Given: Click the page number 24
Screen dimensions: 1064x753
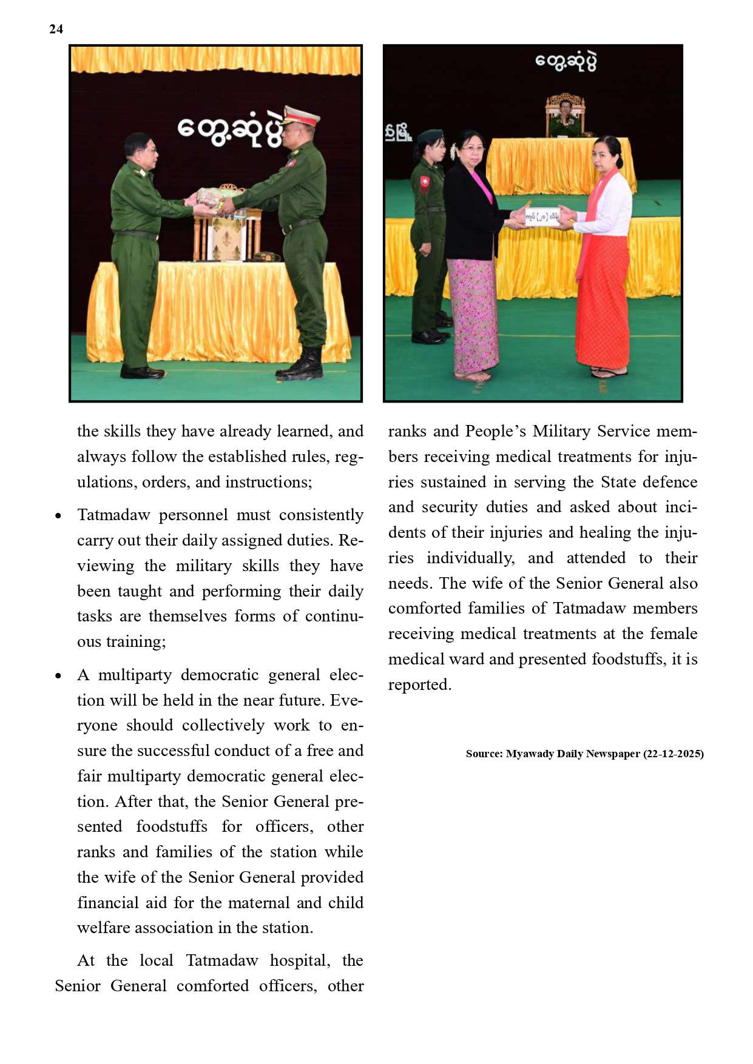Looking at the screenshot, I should click(56, 29).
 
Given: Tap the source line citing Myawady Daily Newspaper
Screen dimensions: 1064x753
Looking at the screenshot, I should click(584, 754).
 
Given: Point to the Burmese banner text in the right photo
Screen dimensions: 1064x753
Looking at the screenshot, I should click(566, 61).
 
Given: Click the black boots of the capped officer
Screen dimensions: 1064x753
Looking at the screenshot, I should click(302, 364).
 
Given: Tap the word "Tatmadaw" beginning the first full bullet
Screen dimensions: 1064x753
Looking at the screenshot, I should click(113, 515).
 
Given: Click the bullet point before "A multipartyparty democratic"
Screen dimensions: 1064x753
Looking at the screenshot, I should click(58, 676).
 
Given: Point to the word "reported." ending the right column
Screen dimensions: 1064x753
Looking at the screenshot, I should click(420, 684).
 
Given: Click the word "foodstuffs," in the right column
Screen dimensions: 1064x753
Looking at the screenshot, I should click(628, 659).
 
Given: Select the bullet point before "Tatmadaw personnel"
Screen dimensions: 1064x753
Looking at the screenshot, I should click(58, 516).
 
